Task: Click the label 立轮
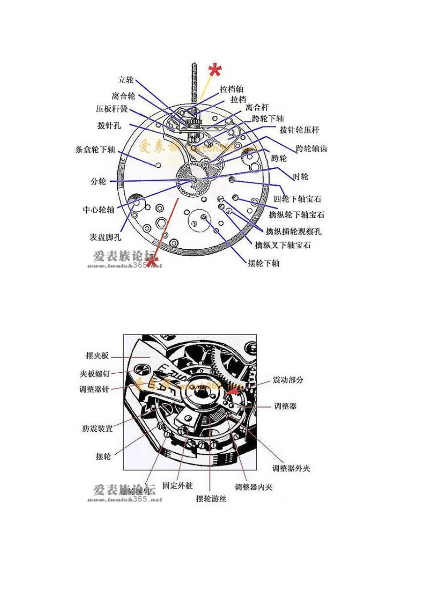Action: click(x=126, y=80)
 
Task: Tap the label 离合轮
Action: click(x=123, y=96)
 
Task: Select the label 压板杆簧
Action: click(x=112, y=109)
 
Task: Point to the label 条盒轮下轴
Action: click(x=95, y=150)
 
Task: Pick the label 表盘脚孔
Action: click(x=105, y=237)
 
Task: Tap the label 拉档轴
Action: click(x=232, y=89)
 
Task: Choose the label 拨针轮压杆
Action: click(x=299, y=130)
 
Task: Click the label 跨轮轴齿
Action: click(x=311, y=148)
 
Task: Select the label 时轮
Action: click(x=301, y=176)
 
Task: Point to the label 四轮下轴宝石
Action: click(x=298, y=199)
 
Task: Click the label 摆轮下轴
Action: click(x=263, y=263)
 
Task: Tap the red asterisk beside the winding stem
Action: click(x=215, y=71)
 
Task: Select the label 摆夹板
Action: click(x=97, y=356)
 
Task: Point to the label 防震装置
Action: click(x=97, y=428)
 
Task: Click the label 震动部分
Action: click(x=288, y=380)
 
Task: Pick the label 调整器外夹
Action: click(x=291, y=469)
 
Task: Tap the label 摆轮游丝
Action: click(x=211, y=499)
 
